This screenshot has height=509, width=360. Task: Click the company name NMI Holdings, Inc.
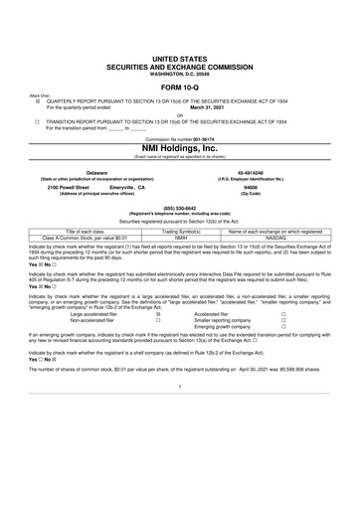(179, 147)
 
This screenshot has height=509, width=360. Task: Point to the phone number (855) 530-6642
(179, 208)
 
